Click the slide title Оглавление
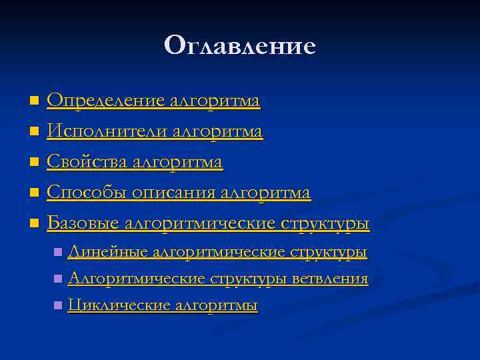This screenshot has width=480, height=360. tap(239, 46)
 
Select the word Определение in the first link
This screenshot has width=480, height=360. tap(105, 101)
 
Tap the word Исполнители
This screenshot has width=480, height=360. tap(107, 132)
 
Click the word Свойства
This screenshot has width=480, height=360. tap(87, 163)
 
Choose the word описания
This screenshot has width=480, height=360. tap(173, 193)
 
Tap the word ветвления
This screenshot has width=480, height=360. tap(331, 279)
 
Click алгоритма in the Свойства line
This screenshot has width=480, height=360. tap(177, 163)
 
